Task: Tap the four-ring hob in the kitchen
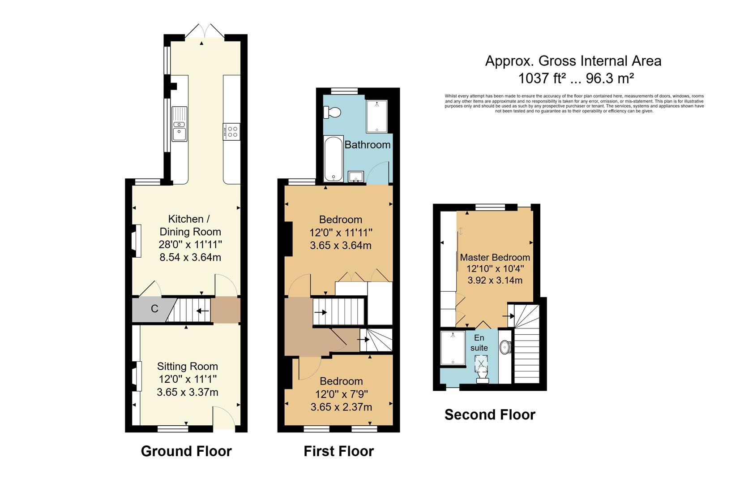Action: [x=231, y=131]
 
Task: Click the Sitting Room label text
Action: [x=187, y=366]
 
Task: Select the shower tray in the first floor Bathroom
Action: [x=376, y=117]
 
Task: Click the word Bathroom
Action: [x=367, y=145]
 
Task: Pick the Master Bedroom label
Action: [x=495, y=257]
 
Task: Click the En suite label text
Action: [x=479, y=343]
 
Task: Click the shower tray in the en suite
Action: [x=453, y=348]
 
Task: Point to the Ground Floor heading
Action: [x=186, y=451]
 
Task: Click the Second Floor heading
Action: [x=490, y=415]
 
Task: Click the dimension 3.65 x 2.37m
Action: [x=341, y=407]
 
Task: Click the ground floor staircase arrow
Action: [x=202, y=310]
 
